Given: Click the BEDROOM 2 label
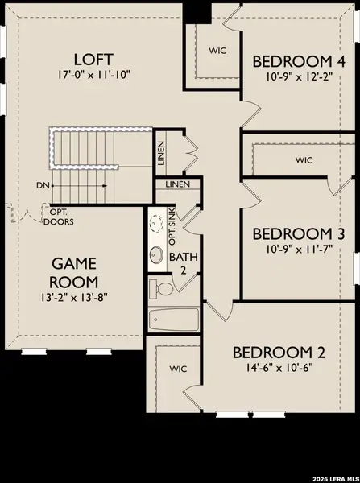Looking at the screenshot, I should point(273,352).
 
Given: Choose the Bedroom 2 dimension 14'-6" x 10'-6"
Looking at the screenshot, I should point(273,368).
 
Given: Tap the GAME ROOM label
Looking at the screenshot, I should point(75,273).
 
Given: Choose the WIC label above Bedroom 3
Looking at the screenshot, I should point(303,160).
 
